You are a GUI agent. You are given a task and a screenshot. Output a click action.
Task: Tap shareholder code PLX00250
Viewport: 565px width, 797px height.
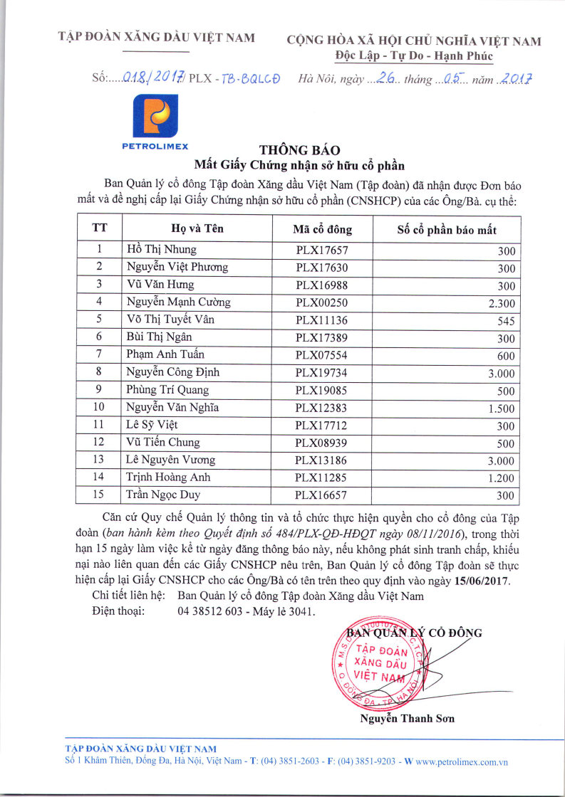tap(322, 302)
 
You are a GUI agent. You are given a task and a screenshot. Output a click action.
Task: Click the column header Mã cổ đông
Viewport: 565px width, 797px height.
tap(322, 230)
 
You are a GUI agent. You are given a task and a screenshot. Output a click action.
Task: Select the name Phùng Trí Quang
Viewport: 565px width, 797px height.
tap(167, 390)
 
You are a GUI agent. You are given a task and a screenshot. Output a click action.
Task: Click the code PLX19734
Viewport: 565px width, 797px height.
tap(322, 372)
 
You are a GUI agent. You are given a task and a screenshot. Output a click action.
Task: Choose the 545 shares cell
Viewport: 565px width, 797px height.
tap(506, 321)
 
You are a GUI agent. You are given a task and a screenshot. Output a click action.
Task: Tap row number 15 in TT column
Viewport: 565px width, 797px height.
tap(99, 495)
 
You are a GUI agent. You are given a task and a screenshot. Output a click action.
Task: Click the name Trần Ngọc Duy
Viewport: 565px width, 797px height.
tap(163, 495)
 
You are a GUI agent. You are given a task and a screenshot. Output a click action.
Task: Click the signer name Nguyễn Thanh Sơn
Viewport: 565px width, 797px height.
tap(408, 718)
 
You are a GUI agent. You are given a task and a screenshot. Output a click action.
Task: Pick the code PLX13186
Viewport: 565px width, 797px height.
tap(322, 460)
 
